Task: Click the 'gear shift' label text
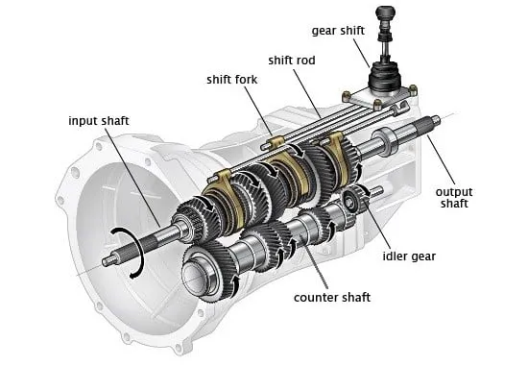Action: pyautogui.click(x=338, y=31)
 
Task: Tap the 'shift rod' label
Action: pyautogui.click(x=292, y=61)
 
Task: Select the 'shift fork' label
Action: pyautogui.click(x=232, y=80)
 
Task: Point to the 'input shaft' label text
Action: pyautogui.click(x=99, y=121)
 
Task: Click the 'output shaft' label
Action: pyautogui.click(x=454, y=198)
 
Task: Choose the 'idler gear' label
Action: pyautogui.click(x=409, y=256)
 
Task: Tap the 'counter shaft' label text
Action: pyautogui.click(x=332, y=298)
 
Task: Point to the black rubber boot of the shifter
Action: pyautogui.click(x=385, y=77)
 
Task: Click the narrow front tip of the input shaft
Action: pyautogui.click(x=109, y=260)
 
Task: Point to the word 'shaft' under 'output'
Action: pyautogui.click(x=454, y=204)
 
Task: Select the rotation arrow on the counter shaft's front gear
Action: pyautogui.click(x=237, y=286)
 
